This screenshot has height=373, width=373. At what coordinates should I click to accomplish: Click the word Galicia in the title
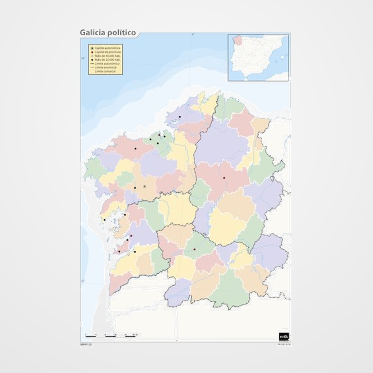[x=92, y=33]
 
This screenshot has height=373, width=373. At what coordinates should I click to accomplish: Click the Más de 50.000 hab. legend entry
[x=106, y=56]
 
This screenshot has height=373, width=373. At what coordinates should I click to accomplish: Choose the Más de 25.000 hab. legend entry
[x=106, y=59]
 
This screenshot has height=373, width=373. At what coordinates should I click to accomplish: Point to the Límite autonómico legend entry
[x=106, y=63]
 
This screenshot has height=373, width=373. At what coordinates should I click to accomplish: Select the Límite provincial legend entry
[x=106, y=67]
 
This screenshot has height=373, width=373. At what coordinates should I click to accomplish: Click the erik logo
[x=283, y=336]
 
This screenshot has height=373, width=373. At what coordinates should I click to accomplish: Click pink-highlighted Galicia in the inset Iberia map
[x=237, y=40]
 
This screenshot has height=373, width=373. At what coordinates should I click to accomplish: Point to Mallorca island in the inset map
[x=281, y=57]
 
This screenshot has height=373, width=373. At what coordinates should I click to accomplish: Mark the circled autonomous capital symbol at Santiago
[x=145, y=186]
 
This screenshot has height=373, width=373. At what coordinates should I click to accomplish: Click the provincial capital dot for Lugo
[x=224, y=178]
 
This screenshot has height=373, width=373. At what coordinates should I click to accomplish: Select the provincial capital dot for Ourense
[x=195, y=250]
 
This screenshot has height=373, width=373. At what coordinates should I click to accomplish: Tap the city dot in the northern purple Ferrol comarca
[x=180, y=117]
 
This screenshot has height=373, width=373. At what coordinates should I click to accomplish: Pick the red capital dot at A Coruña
[x=159, y=135]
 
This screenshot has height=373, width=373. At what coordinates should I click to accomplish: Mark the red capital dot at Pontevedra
[x=131, y=236]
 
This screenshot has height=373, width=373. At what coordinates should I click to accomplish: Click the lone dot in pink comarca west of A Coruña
[x=136, y=149]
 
